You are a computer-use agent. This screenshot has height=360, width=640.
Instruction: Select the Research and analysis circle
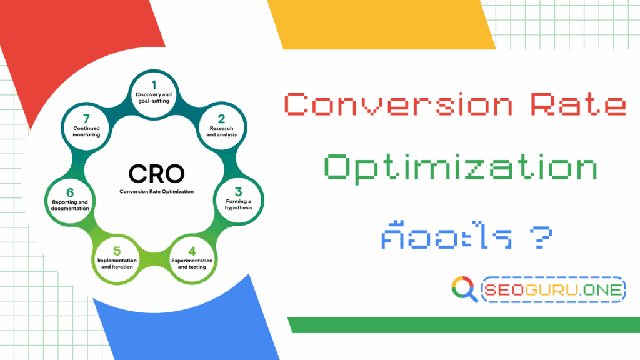221,125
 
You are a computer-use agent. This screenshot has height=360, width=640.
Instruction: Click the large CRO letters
156,173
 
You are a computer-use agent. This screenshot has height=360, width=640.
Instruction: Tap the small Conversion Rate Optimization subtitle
157,192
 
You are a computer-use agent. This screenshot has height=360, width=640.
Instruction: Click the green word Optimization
460,169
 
